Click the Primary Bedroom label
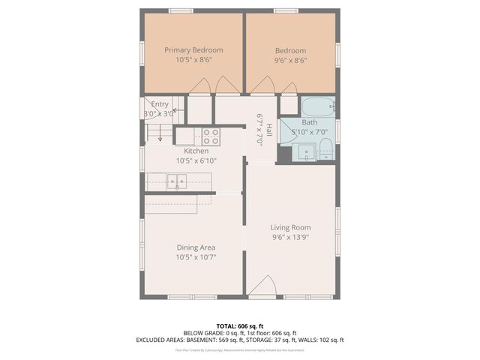(x=193, y=49)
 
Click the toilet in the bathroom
(x=326, y=151)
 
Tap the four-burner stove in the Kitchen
(x=211, y=136)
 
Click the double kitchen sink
(x=177, y=181)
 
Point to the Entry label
(x=160, y=104)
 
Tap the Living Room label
(x=290, y=227)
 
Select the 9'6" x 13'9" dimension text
(x=290, y=237)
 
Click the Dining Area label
(x=196, y=247)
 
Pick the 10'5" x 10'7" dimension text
(x=196, y=257)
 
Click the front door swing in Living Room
(x=262, y=286)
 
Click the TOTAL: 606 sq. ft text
(x=239, y=325)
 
